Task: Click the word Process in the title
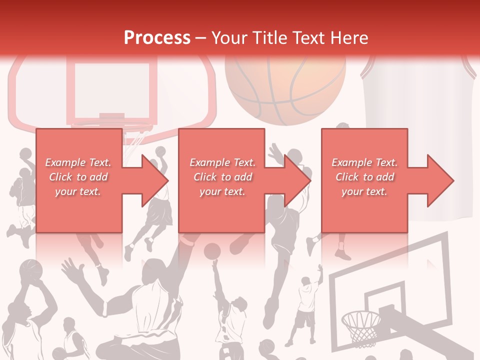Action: tap(157, 38)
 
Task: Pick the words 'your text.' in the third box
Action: tap(364, 191)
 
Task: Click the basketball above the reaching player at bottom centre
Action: tap(212, 251)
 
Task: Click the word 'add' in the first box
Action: tap(99, 177)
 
